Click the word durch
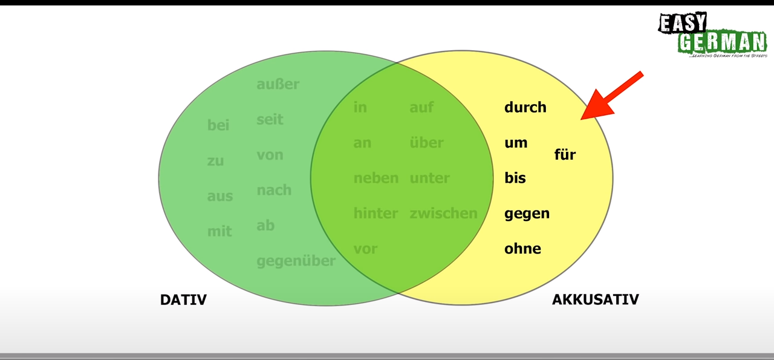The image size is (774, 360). (525, 108)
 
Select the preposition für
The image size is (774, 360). (565, 155)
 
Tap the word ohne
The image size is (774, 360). (522, 249)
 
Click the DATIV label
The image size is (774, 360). (183, 299)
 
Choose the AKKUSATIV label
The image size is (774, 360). (595, 299)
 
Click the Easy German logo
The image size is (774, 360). (712, 35)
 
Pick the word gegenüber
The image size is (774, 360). (296, 261)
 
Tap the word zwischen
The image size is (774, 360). (443, 214)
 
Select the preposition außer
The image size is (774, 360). (278, 84)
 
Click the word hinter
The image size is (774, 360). (376, 214)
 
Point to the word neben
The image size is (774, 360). (376, 178)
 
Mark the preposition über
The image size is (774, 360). (426, 143)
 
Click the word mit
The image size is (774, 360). (220, 231)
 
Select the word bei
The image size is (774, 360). (218, 125)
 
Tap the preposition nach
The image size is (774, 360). (274, 191)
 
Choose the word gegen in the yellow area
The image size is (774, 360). (527, 214)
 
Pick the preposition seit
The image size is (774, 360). (270, 120)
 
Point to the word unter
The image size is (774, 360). (429, 178)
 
